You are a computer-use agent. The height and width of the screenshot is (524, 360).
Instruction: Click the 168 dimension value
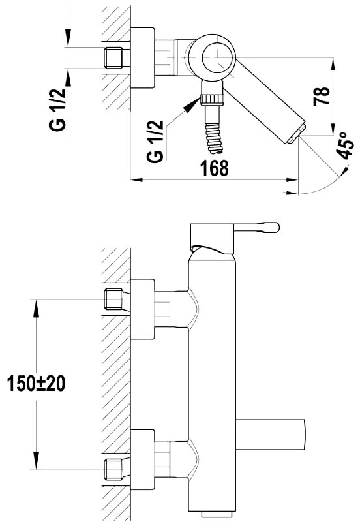[214, 168]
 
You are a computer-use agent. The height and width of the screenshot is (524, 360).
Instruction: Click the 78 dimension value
[322, 96]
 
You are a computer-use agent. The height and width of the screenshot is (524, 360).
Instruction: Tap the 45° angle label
[344, 145]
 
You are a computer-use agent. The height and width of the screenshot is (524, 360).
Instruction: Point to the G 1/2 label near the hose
[155, 142]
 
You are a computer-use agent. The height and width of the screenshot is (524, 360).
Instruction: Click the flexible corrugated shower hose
[214, 138]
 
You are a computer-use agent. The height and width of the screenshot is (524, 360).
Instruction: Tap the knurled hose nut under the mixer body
[212, 100]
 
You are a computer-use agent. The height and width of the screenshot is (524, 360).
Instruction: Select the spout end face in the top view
[296, 134]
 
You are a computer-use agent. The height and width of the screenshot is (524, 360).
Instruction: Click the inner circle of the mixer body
[217, 58]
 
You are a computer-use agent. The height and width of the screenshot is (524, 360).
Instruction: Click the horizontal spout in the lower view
[271, 434]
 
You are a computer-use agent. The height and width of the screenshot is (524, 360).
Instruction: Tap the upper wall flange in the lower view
[143, 309]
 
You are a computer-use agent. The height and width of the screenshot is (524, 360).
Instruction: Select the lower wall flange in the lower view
[143, 460]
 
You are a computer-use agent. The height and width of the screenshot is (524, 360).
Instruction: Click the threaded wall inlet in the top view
[113, 58]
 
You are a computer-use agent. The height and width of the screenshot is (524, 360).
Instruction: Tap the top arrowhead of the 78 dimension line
[333, 64]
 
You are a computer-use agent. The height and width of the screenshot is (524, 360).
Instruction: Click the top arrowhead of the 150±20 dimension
[36, 305]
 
